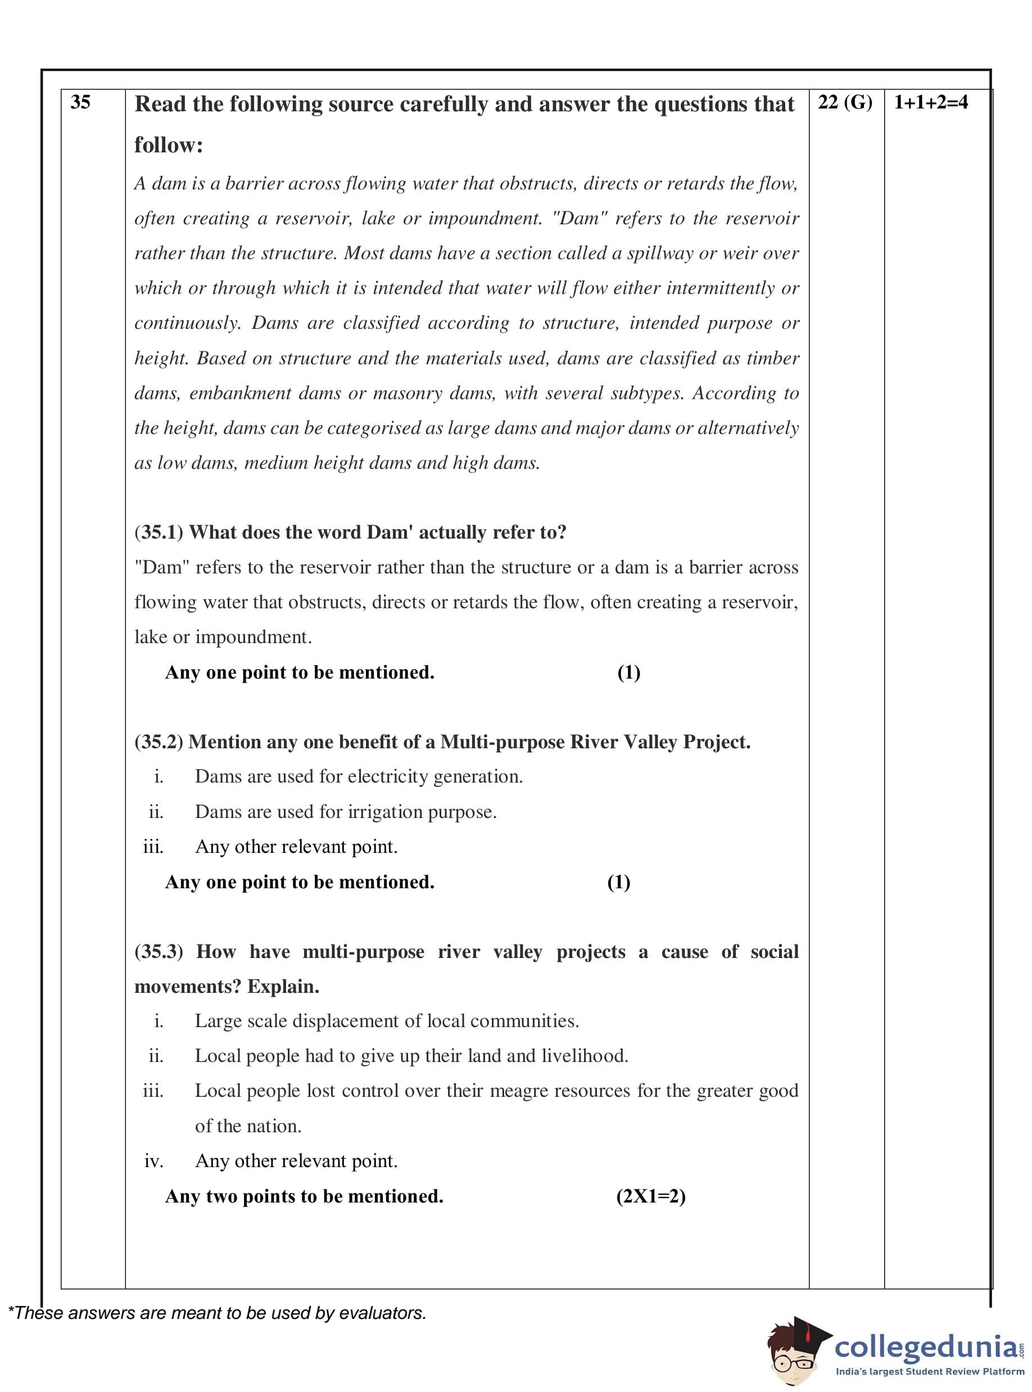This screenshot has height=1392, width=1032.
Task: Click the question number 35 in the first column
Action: click(x=80, y=102)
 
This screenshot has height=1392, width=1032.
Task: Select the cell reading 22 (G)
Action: click(x=845, y=102)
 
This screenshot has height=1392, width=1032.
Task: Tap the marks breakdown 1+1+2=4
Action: click(x=931, y=102)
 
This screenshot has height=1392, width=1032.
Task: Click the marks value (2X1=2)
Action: click(x=650, y=1196)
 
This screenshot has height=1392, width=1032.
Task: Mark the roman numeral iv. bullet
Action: click(x=153, y=1161)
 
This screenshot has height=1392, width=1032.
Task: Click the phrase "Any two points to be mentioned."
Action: click(x=304, y=1196)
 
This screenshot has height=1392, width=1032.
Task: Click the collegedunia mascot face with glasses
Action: click(x=791, y=1353)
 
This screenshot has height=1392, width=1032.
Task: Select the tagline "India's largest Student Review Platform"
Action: click(x=930, y=1371)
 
